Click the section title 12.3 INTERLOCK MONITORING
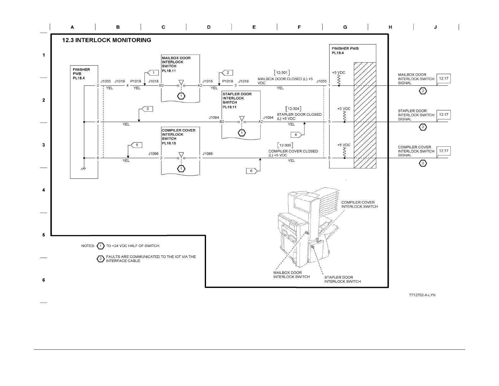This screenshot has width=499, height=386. [x=106, y=40]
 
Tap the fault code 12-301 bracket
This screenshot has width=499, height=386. [x=282, y=73]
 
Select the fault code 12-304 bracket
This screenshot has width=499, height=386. [x=293, y=109]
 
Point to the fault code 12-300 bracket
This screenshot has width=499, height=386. [x=285, y=145]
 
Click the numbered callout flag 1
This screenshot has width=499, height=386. [x=153, y=73]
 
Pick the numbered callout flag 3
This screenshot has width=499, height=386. [x=147, y=109]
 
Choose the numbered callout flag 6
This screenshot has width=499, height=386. [x=252, y=171]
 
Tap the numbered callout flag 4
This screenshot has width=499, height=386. [x=296, y=135]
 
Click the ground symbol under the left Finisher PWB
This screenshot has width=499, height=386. [x=84, y=169]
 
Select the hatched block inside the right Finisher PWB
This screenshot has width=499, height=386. [x=365, y=115]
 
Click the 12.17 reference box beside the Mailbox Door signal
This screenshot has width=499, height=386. [x=444, y=79]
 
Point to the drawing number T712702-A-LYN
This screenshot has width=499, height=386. [x=422, y=295]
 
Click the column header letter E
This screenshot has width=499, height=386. [x=254, y=27]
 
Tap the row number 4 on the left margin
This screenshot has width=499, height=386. [x=43, y=190]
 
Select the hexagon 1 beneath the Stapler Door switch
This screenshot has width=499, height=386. [x=242, y=133]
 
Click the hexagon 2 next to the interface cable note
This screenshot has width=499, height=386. [x=100, y=259]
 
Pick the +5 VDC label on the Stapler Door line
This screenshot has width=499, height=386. [x=344, y=109]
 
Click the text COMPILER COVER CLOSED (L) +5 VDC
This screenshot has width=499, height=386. [x=293, y=153]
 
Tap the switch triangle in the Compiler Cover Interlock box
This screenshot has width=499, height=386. [x=181, y=155]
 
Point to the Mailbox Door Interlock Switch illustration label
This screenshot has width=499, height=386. [x=291, y=275]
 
